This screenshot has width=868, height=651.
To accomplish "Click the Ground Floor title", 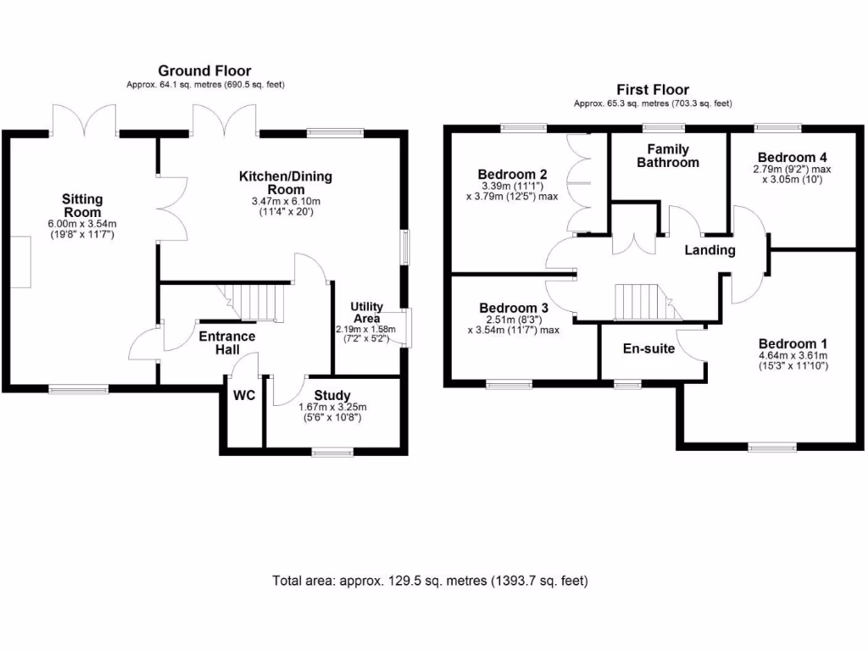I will pos(204,71).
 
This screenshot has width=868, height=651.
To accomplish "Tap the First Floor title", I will pos(652,89).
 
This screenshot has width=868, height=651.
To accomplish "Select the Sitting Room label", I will pos(81,206).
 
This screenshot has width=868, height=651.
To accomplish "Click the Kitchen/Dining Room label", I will pos(285,183).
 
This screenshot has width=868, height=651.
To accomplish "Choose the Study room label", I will pos(332,396).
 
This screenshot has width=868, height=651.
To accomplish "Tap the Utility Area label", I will pos(366,312).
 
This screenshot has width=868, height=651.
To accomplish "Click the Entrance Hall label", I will pos(226,342).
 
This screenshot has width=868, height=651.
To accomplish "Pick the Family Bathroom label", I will pos(668,156).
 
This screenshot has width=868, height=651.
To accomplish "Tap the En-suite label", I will pos(648,348).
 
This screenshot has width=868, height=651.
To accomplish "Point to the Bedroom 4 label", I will pos(792,158).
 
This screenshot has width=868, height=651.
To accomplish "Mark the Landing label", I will pos(709,250).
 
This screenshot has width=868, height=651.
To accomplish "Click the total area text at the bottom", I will pos(430,581).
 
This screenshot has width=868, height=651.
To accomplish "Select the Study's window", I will pos(332,453).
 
